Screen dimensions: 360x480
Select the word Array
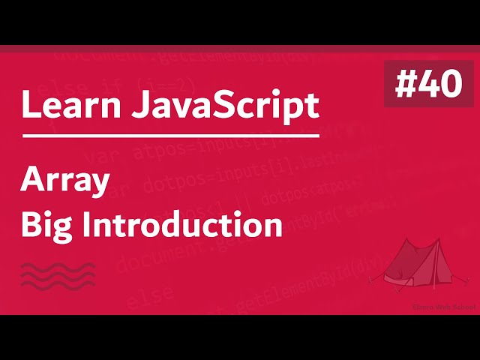(x=66, y=182)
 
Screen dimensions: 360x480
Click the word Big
(x=46, y=224)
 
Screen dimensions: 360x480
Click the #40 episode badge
(x=429, y=84)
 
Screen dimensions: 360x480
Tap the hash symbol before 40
(x=406, y=85)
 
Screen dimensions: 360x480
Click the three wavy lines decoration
(x=58, y=275)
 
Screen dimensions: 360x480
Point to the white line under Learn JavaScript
(x=170, y=136)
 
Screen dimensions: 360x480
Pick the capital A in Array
(x=32, y=181)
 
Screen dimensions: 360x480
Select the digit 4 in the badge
(x=428, y=85)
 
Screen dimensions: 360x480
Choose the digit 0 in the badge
(x=450, y=85)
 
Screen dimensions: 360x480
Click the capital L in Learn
(x=28, y=106)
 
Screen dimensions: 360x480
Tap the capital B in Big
(x=30, y=224)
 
